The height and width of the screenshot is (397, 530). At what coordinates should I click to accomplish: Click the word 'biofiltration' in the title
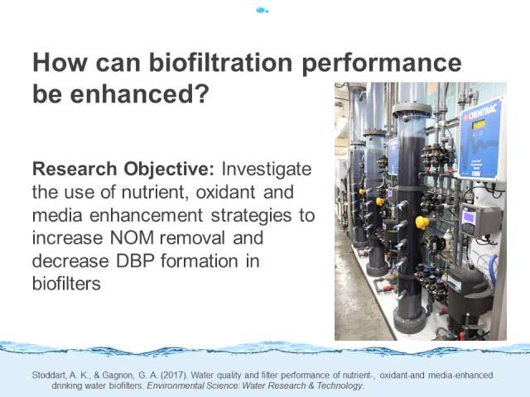220,63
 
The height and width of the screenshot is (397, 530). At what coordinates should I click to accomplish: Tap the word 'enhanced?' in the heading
140,93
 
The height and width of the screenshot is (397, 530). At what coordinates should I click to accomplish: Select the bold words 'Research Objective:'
123,169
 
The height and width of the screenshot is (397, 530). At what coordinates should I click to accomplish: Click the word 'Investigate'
267,169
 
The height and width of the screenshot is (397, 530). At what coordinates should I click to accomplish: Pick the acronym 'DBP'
135,261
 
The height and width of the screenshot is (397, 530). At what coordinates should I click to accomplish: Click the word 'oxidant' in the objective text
225,192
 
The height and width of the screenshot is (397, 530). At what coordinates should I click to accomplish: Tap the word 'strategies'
251,215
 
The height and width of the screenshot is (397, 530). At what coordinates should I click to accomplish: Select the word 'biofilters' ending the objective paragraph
66,283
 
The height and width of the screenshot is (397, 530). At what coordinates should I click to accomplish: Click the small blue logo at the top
263,11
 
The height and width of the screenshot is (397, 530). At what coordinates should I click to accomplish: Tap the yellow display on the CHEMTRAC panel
479,125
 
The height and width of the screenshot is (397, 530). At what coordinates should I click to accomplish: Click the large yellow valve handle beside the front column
422,222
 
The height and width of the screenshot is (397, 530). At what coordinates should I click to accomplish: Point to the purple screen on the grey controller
469,218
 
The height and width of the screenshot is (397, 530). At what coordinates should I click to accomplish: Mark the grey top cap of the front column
412,110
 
